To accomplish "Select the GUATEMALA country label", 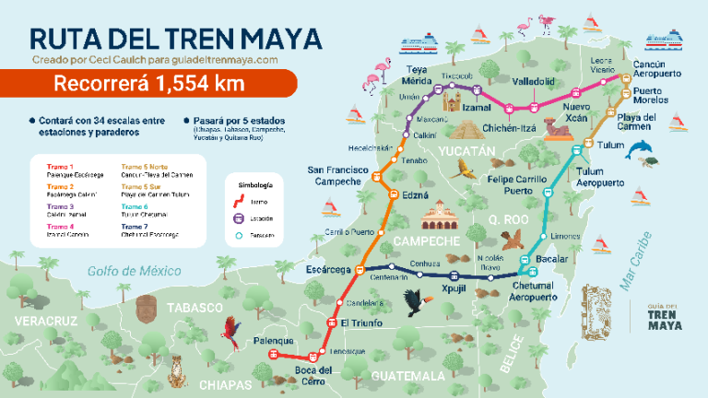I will pyautogui.click(x=407, y=376).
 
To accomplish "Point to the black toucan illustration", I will pyautogui.click(x=416, y=301).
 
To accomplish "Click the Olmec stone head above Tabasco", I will pyautogui.click(x=146, y=310).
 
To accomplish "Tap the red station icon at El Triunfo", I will pyautogui.click(x=331, y=322).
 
